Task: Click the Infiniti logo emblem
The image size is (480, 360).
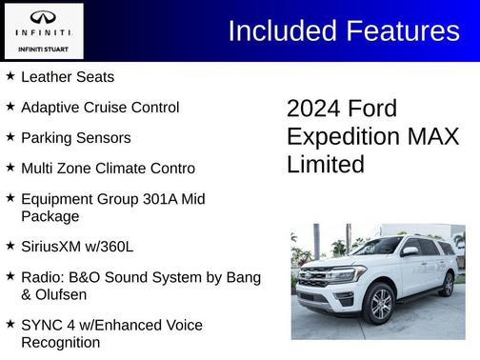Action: [43, 17]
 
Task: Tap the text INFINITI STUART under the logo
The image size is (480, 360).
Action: [43, 49]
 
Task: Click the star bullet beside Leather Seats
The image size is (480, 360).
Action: [10, 76]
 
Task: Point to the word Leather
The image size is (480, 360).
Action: [46, 77]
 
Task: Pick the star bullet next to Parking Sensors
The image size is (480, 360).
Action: [10, 137]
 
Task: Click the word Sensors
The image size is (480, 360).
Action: [105, 138]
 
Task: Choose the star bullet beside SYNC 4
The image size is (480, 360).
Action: [10, 325]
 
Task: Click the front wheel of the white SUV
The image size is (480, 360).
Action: [379, 304]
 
